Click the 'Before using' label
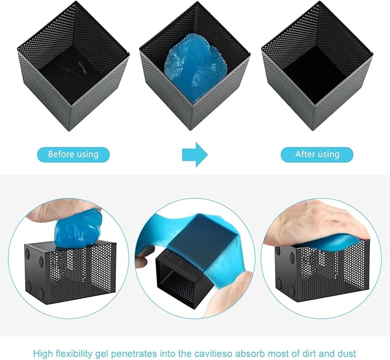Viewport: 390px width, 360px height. (x=74, y=154)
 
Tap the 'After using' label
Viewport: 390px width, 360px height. (x=317, y=154)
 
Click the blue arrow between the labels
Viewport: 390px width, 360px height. (x=195, y=154)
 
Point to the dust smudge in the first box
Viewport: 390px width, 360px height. (x=82, y=67)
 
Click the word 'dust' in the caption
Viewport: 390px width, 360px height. (x=346, y=354)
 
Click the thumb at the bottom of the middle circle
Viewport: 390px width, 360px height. (x=219, y=302)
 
